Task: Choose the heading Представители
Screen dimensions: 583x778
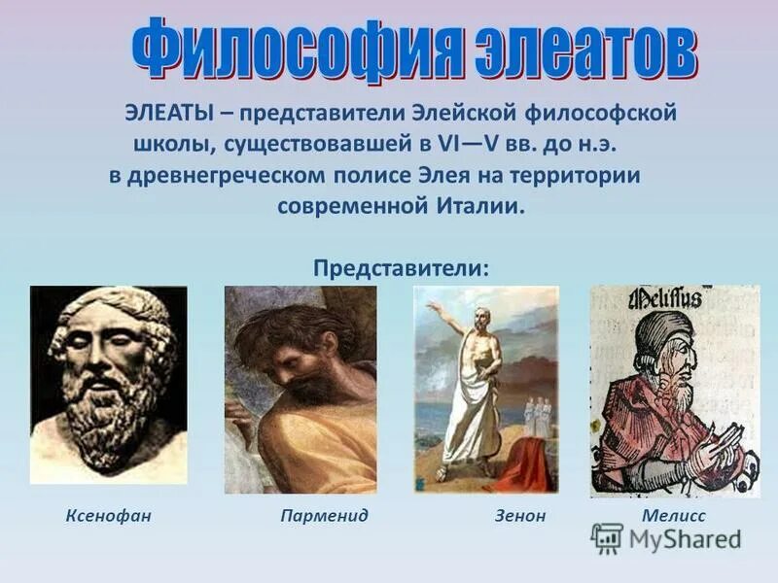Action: point(401,266)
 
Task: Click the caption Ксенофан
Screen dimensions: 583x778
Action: point(109,515)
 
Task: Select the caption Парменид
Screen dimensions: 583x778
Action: point(324,515)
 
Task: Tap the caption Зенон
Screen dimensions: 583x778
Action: point(520,515)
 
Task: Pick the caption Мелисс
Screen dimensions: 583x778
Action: point(674,515)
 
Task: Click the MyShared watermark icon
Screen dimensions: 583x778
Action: point(607,538)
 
